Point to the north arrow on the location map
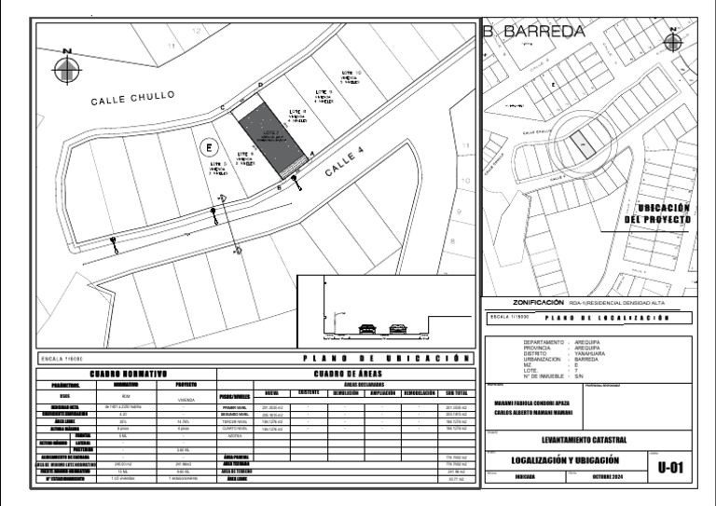pyautogui.click(x=673, y=42)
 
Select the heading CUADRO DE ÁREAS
pyautogui.click(x=347, y=374)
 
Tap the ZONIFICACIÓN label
pyautogui.click(x=539, y=303)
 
